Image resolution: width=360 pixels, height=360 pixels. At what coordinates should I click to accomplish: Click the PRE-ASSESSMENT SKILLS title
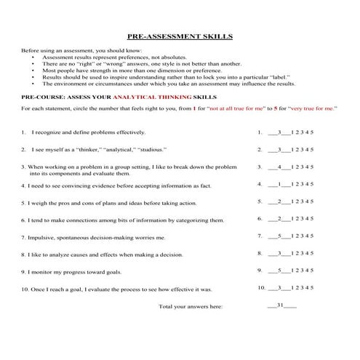[180, 35]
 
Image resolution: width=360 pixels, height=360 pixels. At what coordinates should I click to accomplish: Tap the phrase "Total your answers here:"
[191, 306]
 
